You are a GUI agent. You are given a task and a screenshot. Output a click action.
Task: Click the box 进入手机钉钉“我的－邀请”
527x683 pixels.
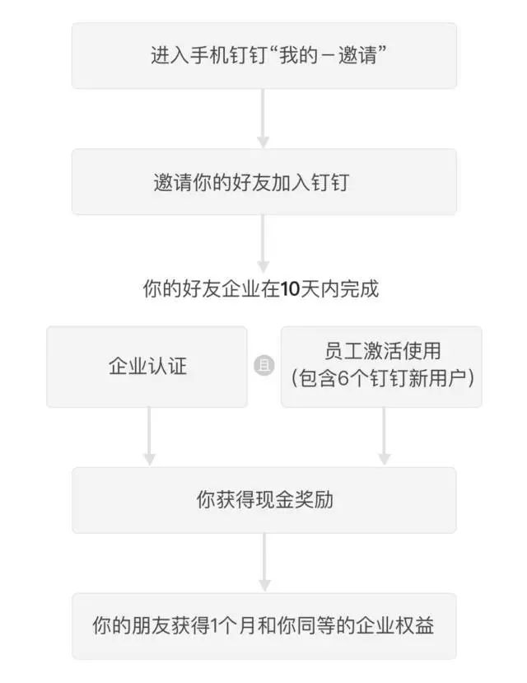coord(263,56)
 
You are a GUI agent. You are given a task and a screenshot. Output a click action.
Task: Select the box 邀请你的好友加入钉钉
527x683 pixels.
coord(263,182)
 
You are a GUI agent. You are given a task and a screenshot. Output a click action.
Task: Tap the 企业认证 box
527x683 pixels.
coord(147,367)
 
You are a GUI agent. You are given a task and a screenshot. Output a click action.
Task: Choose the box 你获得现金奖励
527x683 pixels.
coord(263,500)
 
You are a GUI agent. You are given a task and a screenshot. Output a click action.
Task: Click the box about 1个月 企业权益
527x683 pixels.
coord(263,626)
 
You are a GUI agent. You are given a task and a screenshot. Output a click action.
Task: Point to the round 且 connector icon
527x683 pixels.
coord(263,367)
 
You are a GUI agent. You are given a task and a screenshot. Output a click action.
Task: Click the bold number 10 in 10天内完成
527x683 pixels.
coord(290,290)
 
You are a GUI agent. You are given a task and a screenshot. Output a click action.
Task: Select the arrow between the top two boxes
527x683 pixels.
coord(263,119)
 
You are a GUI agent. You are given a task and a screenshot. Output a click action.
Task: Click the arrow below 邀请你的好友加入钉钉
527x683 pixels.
coord(263,244)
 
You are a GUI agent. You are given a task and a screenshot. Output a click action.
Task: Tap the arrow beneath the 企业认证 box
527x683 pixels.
coord(149,437)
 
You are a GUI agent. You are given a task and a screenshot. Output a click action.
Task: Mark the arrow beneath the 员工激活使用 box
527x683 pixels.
coord(384,437)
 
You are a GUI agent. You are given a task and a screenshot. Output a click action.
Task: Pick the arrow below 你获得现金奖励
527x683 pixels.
coord(263,563)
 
